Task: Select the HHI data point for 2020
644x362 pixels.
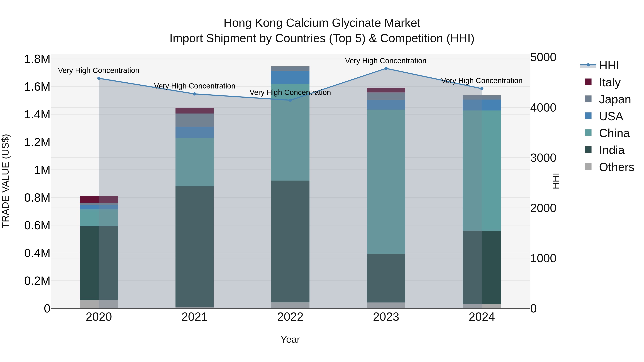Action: click(x=99, y=78)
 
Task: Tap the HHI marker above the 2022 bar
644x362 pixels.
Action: click(x=290, y=100)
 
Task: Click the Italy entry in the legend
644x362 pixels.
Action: click(x=609, y=82)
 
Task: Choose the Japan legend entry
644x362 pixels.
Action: click(x=615, y=99)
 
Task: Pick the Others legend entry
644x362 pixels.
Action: click(x=616, y=167)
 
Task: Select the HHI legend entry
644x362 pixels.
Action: click(x=609, y=65)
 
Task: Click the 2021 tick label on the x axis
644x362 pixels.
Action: click(x=194, y=317)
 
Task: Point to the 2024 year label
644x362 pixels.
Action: click(x=482, y=317)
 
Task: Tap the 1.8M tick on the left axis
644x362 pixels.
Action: click(x=37, y=59)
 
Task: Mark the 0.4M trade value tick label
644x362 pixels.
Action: click(x=37, y=253)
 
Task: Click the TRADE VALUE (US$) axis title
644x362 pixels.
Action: click(x=6, y=181)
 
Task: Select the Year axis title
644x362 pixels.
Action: click(x=290, y=339)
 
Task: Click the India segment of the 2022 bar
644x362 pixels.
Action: click(x=290, y=241)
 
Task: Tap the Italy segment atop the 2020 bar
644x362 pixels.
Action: click(x=99, y=199)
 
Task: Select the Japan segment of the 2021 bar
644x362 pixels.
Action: click(x=194, y=120)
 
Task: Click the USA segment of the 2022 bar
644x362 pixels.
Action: click(x=290, y=77)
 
